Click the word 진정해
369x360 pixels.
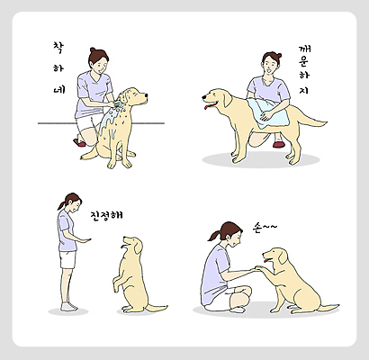[107, 217]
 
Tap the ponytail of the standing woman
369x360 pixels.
[61, 204]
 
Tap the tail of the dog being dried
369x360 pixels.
[310, 120]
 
